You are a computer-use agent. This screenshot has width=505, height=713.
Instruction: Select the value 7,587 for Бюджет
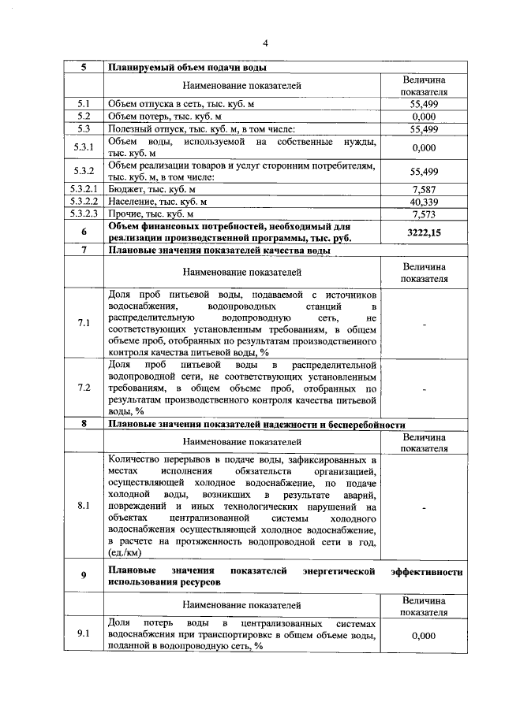(x=424, y=189)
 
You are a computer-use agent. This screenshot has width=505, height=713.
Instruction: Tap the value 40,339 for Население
(x=424, y=202)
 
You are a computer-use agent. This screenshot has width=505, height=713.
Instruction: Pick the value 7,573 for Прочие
(x=424, y=214)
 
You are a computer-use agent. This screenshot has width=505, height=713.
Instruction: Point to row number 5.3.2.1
(x=84, y=189)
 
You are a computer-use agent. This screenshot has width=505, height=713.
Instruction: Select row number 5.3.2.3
(x=84, y=214)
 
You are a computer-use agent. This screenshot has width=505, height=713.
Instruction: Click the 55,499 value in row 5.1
(x=424, y=104)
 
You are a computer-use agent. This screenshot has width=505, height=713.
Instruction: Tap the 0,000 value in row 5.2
(x=424, y=117)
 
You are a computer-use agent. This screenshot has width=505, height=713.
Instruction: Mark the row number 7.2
(x=84, y=388)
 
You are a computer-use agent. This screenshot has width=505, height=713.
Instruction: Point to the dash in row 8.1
(x=425, y=507)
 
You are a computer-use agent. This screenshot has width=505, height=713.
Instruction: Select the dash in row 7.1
(x=425, y=323)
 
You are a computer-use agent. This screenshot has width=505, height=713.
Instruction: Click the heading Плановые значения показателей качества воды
(x=219, y=251)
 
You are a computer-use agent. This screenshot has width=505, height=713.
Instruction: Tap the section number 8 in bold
(x=84, y=424)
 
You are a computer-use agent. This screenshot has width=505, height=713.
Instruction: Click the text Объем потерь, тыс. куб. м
(x=158, y=117)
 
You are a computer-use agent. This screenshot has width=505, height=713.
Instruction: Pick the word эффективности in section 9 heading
(x=426, y=570)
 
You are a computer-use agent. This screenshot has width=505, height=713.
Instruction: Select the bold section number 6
(x=84, y=232)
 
